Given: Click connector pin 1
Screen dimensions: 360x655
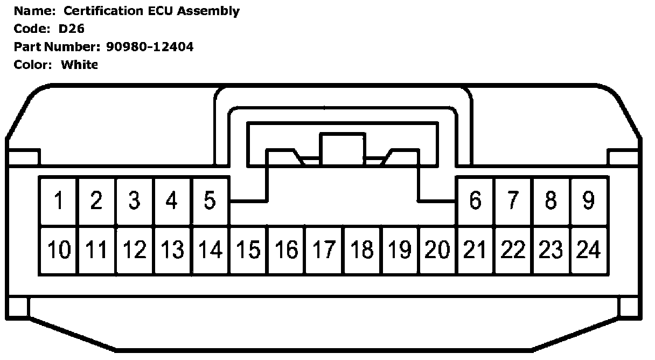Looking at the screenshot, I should [x=59, y=201].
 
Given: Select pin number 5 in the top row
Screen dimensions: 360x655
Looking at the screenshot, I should [x=210, y=201].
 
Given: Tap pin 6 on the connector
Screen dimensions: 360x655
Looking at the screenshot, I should [x=475, y=201].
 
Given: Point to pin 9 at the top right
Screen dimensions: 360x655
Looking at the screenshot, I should [x=589, y=201].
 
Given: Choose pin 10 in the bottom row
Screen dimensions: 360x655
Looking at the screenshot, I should [x=59, y=250].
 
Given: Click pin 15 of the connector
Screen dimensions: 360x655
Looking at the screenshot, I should [x=248, y=250].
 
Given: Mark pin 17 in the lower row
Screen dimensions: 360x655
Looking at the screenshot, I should [x=324, y=250].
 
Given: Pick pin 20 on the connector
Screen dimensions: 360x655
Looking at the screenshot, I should [x=437, y=250].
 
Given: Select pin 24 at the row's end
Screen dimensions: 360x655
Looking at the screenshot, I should [x=589, y=250].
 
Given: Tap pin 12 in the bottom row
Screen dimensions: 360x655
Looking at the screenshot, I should [x=135, y=250].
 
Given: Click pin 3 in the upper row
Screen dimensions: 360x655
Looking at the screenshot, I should [x=135, y=201].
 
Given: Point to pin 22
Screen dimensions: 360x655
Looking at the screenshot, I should [x=513, y=250].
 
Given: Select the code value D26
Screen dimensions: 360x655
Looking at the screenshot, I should [x=72, y=29].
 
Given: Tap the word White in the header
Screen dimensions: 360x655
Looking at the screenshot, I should [x=80, y=65].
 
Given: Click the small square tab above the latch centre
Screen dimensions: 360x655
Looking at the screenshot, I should [x=343, y=148].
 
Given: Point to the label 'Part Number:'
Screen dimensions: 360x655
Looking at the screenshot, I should [x=57, y=47].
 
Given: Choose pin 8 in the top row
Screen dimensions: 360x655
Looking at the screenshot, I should [x=551, y=201].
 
